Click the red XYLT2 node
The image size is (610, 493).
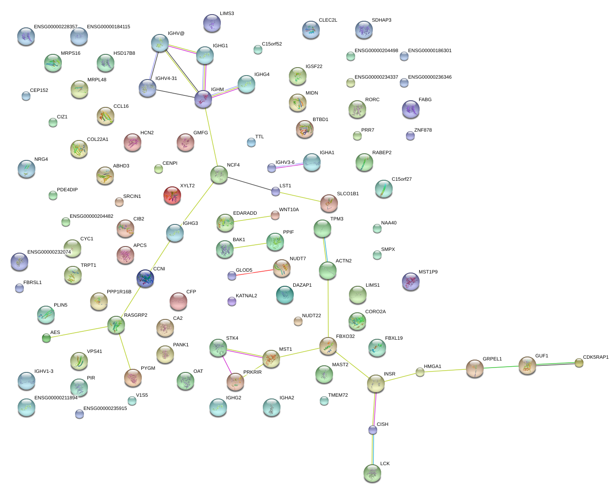click(x=172, y=195)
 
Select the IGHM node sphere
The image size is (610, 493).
click(x=203, y=99)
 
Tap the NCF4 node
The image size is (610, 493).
click(x=219, y=175)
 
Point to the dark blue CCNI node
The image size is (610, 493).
click(x=145, y=279)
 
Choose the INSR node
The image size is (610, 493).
click(x=376, y=383)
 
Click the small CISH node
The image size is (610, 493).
click(x=373, y=430)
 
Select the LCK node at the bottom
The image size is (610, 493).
click(x=372, y=473)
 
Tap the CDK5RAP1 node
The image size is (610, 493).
click(x=579, y=363)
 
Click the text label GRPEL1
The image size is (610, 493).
click(x=492, y=359)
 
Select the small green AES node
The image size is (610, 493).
click(x=46, y=338)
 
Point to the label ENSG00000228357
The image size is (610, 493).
click(x=56, y=27)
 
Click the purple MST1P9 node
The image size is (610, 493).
click(x=411, y=281)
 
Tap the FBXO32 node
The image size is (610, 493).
click(x=328, y=346)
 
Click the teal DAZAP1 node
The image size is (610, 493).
click(x=285, y=295)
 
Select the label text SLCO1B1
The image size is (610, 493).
click(x=348, y=194)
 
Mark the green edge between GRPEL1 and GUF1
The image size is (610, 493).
click(x=501, y=367)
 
